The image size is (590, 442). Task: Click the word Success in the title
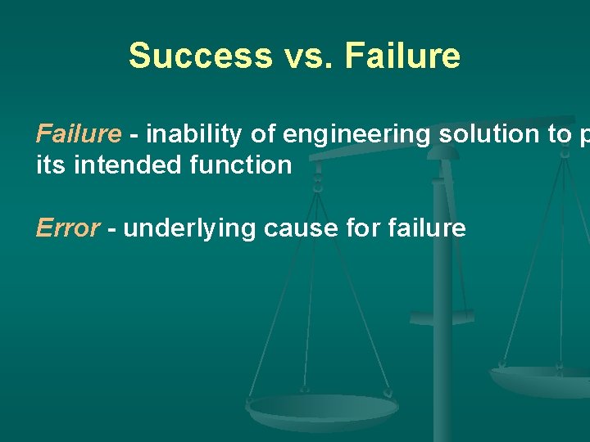click(x=200, y=56)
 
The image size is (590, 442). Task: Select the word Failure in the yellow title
click(x=402, y=56)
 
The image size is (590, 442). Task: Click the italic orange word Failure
click(x=79, y=133)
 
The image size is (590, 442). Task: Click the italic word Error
click(x=67, y=228)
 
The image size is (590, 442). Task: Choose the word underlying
click(x=190, y=229)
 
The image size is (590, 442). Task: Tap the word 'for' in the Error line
click(x=363, y=228)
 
